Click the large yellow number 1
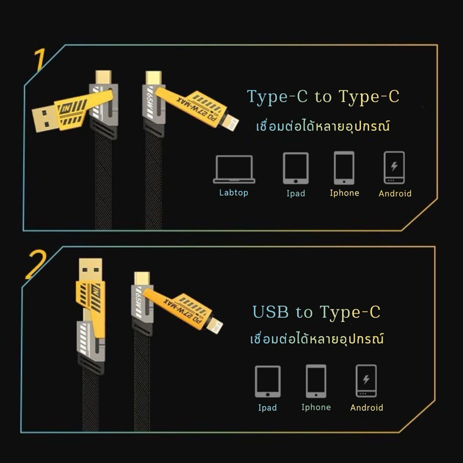(40, 60)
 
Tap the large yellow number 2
(36, 265)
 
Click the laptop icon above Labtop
(234, 169)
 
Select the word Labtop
(234, 193)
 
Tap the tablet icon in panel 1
(296, 168)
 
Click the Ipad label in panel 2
(267, 408)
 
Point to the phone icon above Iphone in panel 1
(344, 168)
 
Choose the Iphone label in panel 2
(316, 407)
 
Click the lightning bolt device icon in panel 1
(394, 168)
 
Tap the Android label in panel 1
(395, 193)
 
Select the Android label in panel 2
(367, 408)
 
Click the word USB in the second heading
(270, 312)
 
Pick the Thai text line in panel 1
(323, 126)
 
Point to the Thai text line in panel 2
(317, 339)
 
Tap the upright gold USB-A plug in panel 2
(91, 270)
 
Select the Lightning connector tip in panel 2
(215, 326)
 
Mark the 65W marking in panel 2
(139, 303)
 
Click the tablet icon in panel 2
(267, 381)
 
